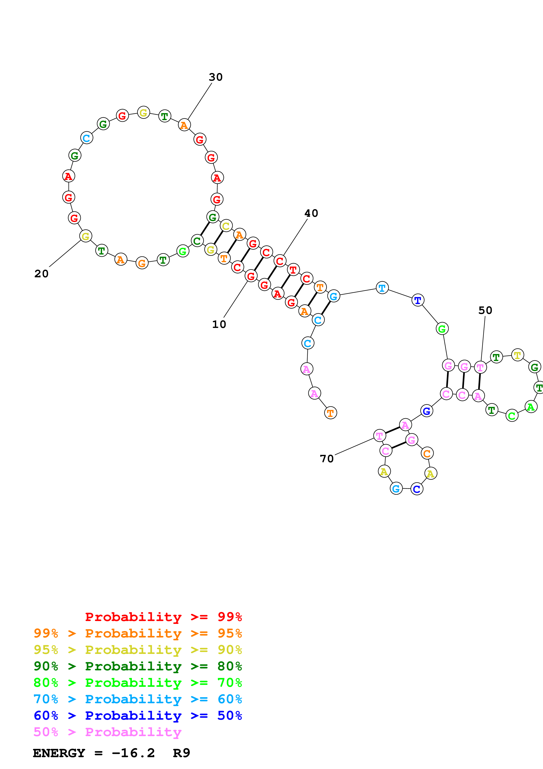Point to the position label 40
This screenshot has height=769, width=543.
[311, 213]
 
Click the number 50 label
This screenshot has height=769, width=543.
[485, 310]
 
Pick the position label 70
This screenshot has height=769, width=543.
[327, 459]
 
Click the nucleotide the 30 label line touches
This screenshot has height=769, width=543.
[184, 125]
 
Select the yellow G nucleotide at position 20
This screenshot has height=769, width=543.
[86, 236]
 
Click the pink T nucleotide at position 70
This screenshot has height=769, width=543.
[379, 436]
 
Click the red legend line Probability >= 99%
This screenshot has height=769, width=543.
[164, 617]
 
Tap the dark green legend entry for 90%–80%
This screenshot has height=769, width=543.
[138, 666]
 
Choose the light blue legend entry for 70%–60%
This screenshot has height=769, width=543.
[138, 699]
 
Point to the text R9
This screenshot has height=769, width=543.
[182, 753]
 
